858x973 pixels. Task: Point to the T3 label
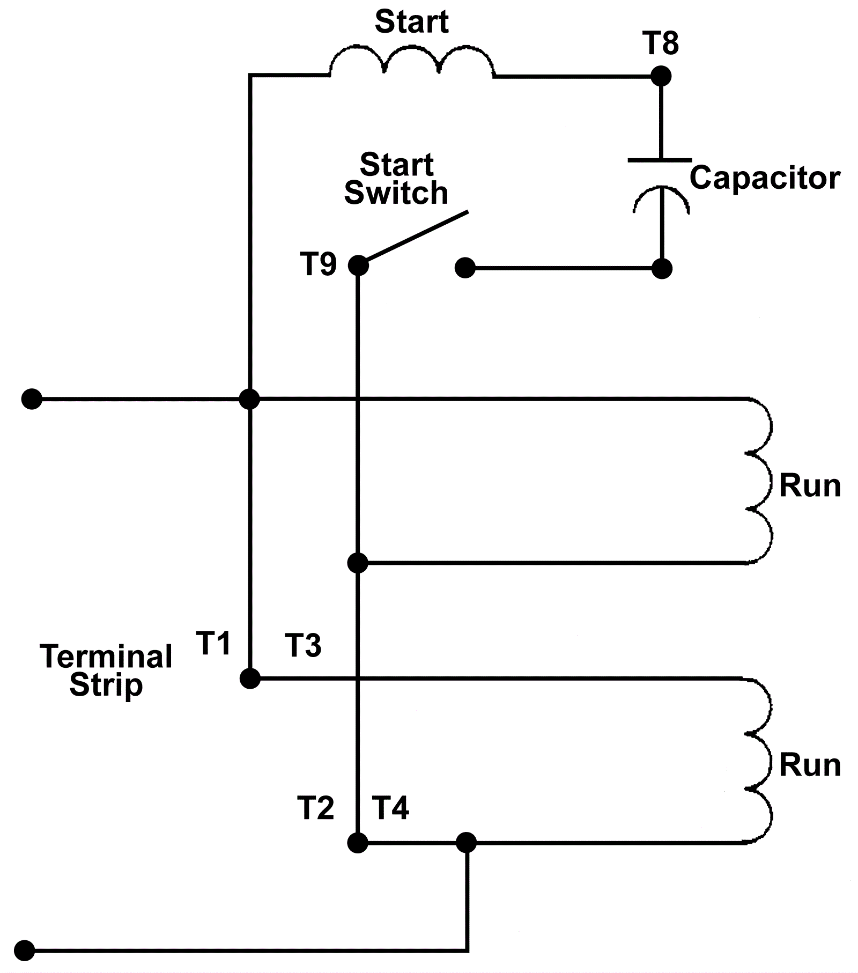pyautogui.click(x=303, y=645)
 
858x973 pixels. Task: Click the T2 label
pyautogui.click(x=316, y=808)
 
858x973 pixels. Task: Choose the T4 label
pyautogui.click(x=391, y=808)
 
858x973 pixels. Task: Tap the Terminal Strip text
pyautogui.click(x=106, y=670)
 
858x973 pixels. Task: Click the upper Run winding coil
pyautogui.click(x=759, y=481)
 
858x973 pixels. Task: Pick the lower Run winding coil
pyautogui.click(x=759, y=760)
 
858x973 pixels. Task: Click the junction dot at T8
pyautogui.click(x=661, y=76)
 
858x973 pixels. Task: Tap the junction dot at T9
pyautogui.click(x=358, y=266)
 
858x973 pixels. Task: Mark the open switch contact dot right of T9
pyautogui.click(x=465, y=268)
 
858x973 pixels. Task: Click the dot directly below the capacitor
pyautogui.click(x=662, y=268)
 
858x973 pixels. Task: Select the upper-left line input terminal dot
pyautogui.click(x=32, y=399)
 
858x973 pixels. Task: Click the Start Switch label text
pyautogui.click(x=396, y=179)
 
